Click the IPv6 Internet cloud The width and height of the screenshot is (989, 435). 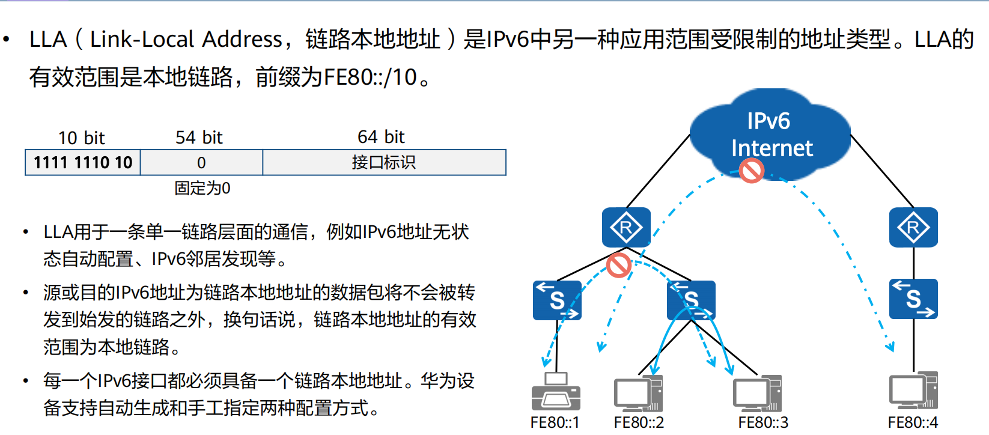point(770,134)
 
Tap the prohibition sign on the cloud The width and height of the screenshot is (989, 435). point(751,171)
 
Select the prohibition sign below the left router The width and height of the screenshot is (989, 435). point(618,265)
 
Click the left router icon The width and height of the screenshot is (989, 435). point(626,227)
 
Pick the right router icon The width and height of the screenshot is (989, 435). point(913,227)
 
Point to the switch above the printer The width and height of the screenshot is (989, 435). point(557,300)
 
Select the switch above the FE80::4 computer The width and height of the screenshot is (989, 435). point(913,299)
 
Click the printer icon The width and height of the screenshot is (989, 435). point(556,392)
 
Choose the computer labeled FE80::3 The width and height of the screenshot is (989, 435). point(757,393)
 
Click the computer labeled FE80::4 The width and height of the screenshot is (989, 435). point(913,392)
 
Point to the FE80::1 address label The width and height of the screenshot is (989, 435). point(555,423)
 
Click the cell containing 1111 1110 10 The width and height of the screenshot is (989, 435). point(83,163)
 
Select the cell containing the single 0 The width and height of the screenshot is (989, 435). point(201,163)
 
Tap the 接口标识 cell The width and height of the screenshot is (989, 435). point(384,163)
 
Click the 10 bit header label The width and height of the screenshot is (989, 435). point(81,138)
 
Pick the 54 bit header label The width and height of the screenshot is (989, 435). point(199,138)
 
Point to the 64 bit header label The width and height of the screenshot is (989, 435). point(381,138)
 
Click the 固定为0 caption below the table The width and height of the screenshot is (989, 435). point(202,189)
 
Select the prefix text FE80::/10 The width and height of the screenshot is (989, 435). point(370,78)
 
